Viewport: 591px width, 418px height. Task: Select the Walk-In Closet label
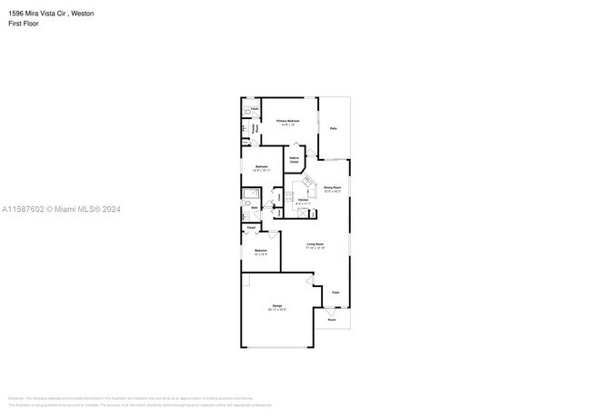coord(295,159)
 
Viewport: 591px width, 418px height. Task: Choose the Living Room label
coord(316,245)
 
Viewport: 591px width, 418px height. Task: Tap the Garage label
coord(276,305)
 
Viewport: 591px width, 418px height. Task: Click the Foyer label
coord(336,293)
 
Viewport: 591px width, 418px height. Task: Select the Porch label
coord(332,320)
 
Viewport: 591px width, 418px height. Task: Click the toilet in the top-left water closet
coord(247,114)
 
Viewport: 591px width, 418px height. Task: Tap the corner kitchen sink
coord(306,180)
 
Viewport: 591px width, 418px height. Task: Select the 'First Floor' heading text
coord(24,24)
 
